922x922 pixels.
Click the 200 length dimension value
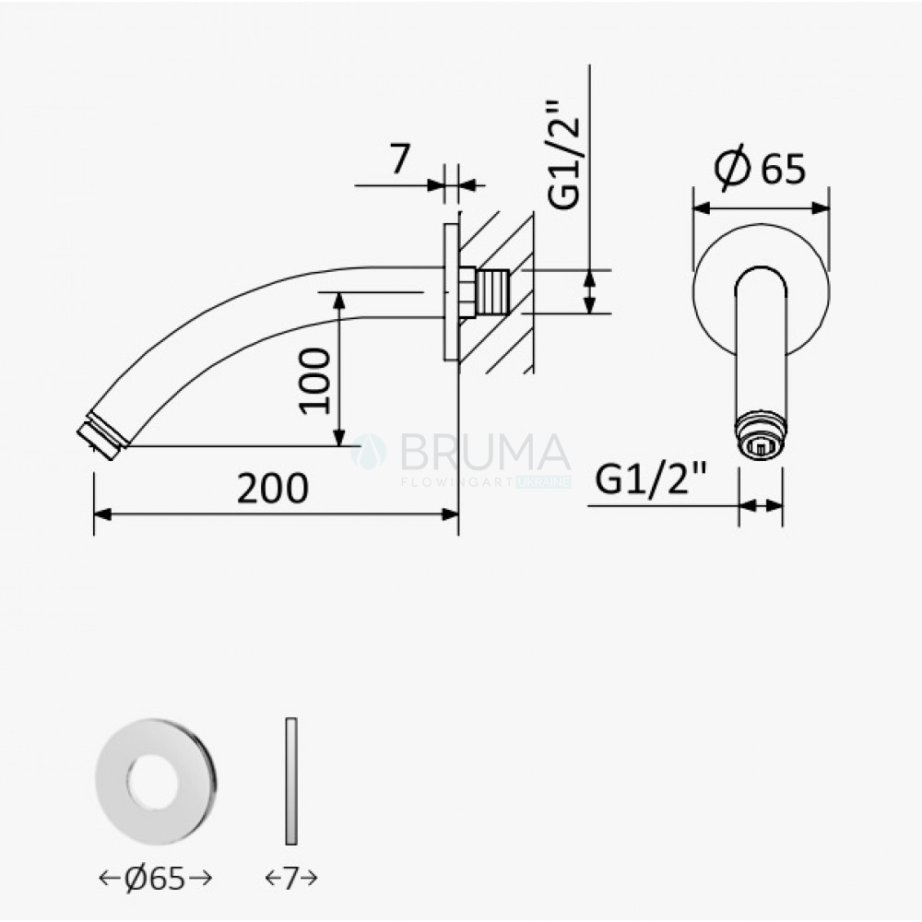point(272,488)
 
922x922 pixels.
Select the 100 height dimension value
point(315,381)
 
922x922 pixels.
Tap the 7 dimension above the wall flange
point(399,159)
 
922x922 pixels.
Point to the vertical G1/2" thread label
point(563,155)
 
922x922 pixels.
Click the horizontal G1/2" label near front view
point(650,478)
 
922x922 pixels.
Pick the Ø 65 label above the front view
point(760,168)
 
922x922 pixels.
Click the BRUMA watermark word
point(485,452)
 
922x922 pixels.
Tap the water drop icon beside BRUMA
point(369,452)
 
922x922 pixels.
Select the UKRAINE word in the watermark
point(544,482)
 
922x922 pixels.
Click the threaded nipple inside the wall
point(492,291)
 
